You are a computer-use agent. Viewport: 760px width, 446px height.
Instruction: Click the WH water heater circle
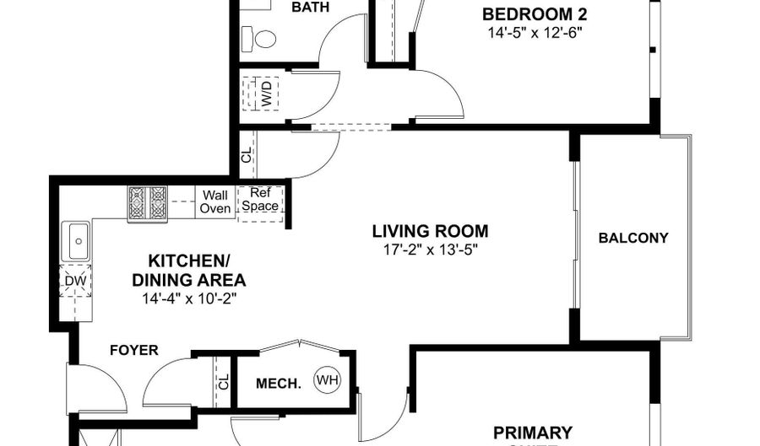point(327,381)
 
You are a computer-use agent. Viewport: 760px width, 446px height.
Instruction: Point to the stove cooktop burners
point(149,203)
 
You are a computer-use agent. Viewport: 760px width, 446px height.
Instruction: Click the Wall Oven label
point(215,202)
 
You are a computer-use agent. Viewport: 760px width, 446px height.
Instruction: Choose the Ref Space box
point(259,201)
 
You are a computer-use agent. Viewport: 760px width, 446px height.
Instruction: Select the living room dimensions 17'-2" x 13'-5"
point(431,250)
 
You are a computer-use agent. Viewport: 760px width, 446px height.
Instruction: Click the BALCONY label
point(633,238)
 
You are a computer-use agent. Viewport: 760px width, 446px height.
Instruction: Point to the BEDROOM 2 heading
point(535,14)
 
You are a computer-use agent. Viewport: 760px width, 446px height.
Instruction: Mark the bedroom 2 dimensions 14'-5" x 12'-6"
point(535,33)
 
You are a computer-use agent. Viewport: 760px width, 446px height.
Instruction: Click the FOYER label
point(133,350)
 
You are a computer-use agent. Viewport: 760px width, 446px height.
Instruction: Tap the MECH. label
point(278,384)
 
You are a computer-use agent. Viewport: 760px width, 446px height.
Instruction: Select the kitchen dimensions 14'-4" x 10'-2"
point(189,298)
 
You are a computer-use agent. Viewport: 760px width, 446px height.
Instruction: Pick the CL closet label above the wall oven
point(247,154)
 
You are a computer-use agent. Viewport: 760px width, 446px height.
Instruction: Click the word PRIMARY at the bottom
point(533,433)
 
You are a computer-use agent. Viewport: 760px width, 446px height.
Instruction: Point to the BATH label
point(310,8)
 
